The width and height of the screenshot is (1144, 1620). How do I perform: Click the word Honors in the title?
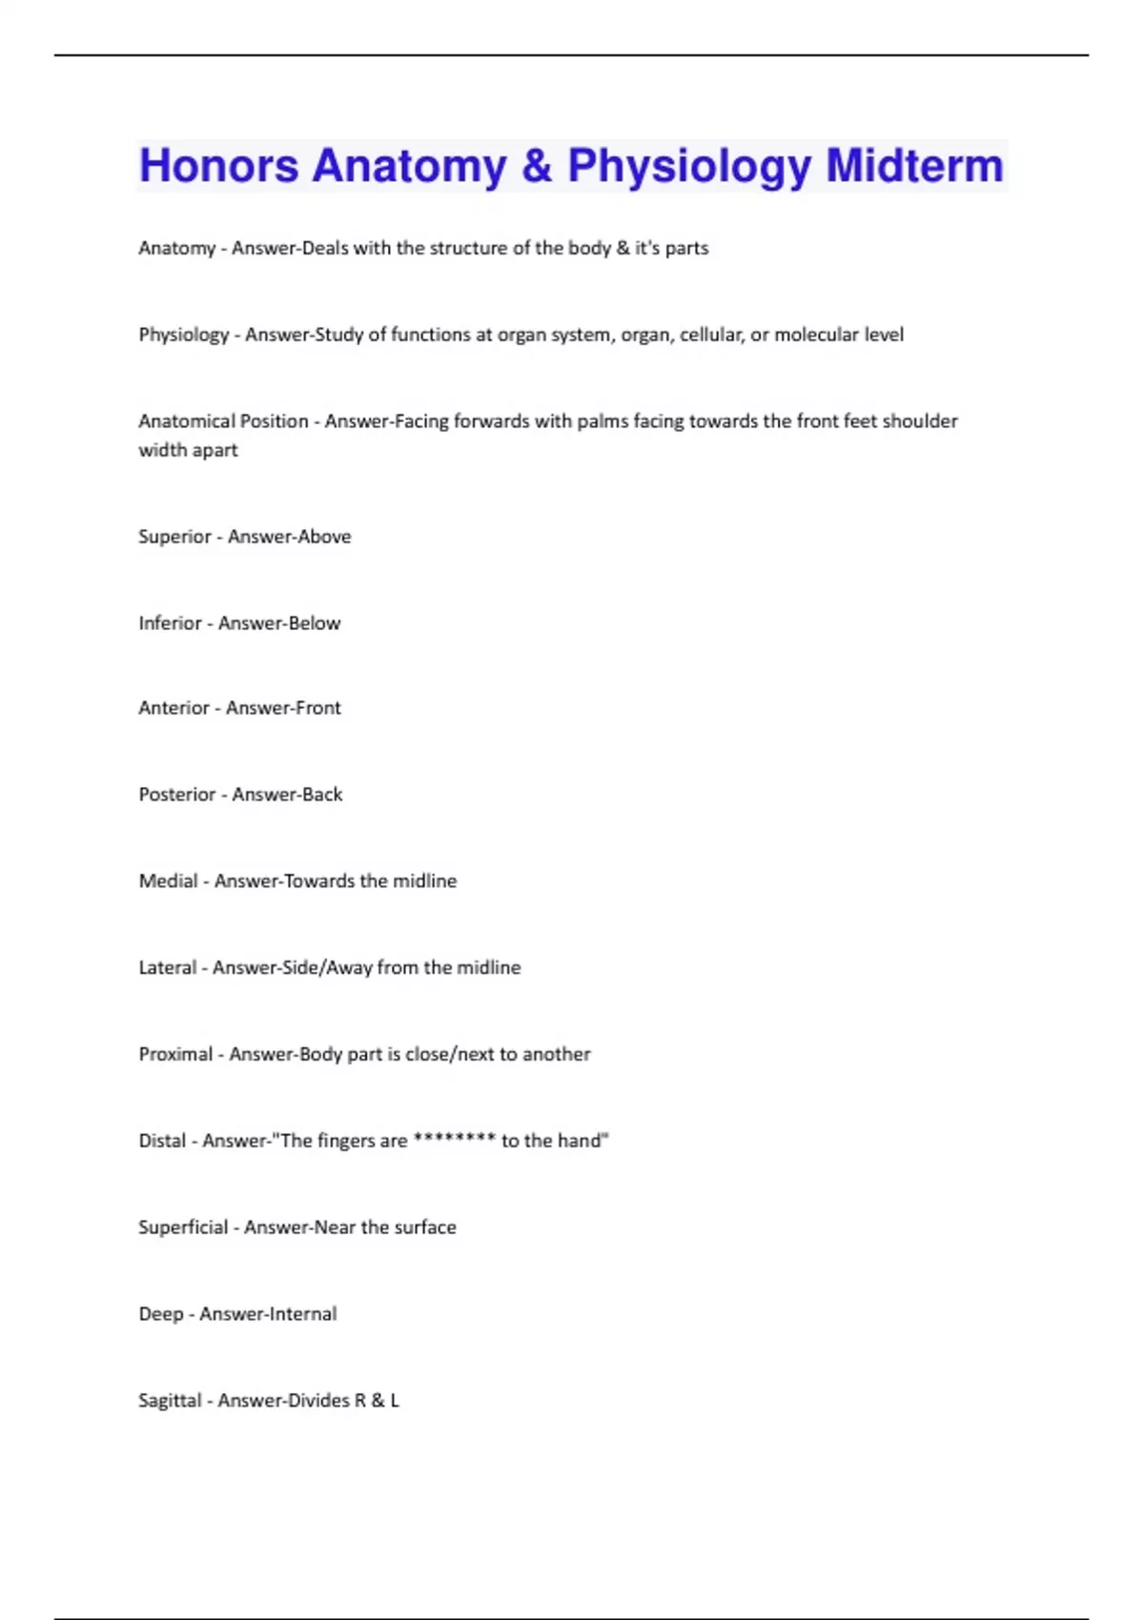(x=218, y=166)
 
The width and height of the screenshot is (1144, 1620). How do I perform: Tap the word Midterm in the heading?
(x=914, y=166)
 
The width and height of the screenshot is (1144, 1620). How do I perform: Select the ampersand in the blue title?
(x=537, y=166)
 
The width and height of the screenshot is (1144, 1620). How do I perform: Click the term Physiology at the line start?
(x=184, y=334)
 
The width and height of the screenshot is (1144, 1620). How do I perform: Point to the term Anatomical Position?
(x=223, y=421)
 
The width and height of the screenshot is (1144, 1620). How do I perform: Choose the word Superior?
(x=174, y=537)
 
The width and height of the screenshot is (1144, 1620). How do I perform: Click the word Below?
(x=314, y=623)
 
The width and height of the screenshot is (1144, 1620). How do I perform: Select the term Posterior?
(x=176, y=795)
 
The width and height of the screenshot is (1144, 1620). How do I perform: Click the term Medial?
(x=168, y=881)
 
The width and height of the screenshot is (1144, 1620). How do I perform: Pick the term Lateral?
(x=167, y=968)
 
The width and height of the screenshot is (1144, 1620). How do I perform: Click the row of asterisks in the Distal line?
(x=454, y=1140)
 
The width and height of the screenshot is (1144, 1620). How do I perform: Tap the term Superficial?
(x=183, y=1227)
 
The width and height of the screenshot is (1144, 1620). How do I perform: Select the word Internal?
(x=301, y=1314)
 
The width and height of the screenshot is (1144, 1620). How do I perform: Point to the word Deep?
(x=160, y=1314)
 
